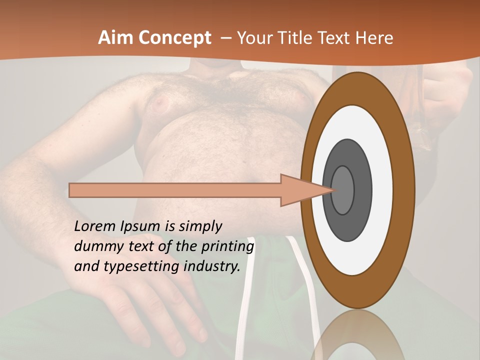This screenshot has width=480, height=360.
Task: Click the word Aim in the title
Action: coord(114,38)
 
